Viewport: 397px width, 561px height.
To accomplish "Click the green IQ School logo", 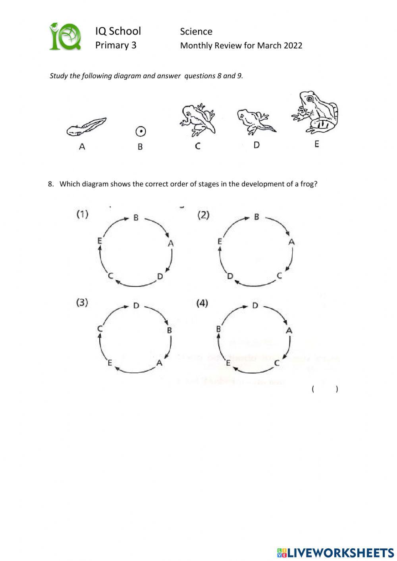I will click(65, 37).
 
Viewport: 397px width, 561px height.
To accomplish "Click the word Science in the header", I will click(196, 31).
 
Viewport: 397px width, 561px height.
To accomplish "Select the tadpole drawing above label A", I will click(86, 127).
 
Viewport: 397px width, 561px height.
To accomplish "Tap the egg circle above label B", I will click(141, 131).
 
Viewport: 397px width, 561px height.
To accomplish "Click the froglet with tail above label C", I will click(198, 119).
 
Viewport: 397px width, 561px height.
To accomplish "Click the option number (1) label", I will click(82, 214).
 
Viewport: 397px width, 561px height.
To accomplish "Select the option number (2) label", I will click(203, 215).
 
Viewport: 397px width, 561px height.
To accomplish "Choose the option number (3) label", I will click(82, 303).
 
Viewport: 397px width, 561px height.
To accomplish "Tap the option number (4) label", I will click(202, 303).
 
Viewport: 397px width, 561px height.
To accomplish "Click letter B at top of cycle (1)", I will click(136, 218).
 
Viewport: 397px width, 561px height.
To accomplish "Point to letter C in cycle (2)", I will click(279, 276).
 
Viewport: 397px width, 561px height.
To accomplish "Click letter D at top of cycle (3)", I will click(136, 305).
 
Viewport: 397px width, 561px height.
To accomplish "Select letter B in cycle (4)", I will click(218, 329).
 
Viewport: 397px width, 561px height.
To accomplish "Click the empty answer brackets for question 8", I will click(325, 389).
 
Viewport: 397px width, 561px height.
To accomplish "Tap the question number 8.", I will click(50, 184).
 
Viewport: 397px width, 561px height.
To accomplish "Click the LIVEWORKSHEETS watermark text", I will click(340, 552).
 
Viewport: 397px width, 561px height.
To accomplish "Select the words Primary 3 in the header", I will click(116, 45).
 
